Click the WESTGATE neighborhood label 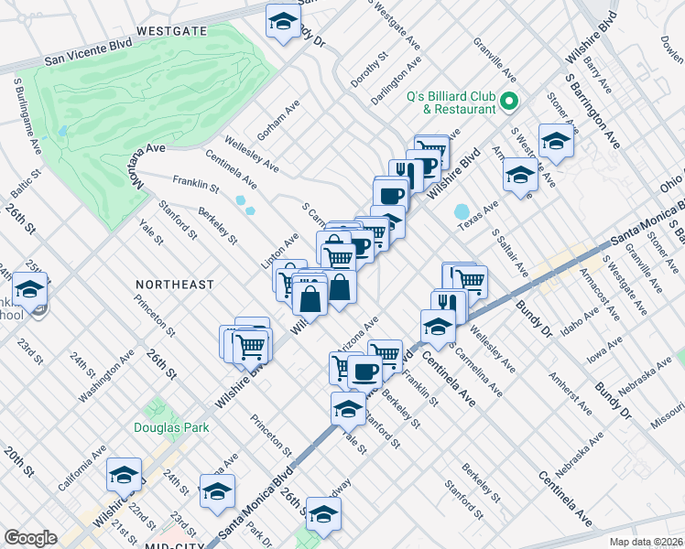click(x=171, y=30)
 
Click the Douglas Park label click(x=171, y=427)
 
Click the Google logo click(x=31, y=538)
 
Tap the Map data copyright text click(x=647, y=540)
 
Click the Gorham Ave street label click(x=278, y=120)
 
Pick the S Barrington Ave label click(x=592, y=110)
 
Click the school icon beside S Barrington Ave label click(x=555, y=141)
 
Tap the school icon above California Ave click(x=124, y=475)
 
